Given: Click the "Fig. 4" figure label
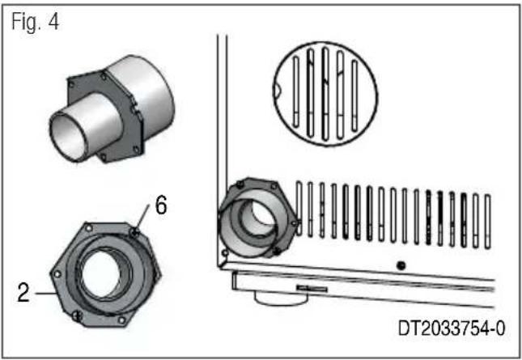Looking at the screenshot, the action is pos(36,22).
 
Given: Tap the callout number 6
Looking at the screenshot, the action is pos(161,205).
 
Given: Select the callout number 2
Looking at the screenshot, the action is pos(23,293).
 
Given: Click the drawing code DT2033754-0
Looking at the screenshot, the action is pos(452,328).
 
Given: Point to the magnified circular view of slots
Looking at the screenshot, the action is pos(325,94).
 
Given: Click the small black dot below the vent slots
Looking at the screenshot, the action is pos(401,265).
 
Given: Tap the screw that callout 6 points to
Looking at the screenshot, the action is pos(134,232).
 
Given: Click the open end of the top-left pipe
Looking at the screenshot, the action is pos(69,137).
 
